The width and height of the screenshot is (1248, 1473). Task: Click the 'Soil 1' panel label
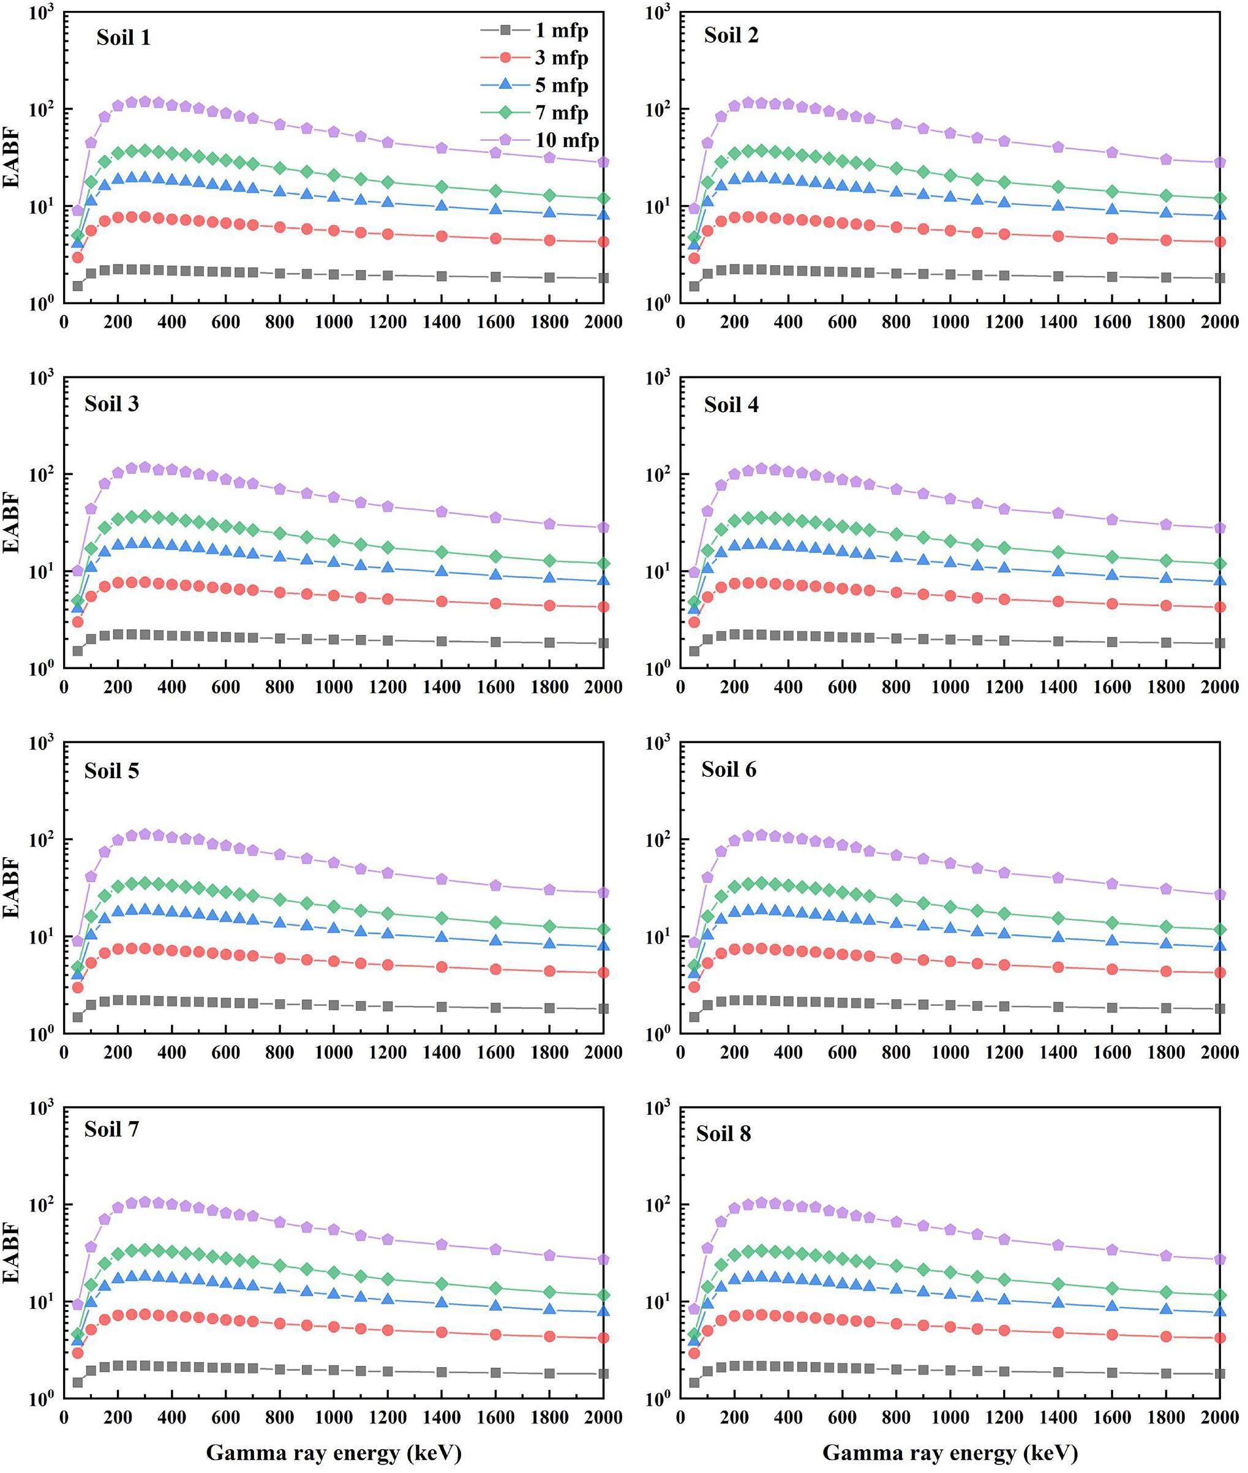click(123, 37)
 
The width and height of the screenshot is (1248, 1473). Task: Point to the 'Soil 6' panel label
click(729, 770)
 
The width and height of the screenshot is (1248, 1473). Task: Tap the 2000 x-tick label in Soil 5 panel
click(603, 1052)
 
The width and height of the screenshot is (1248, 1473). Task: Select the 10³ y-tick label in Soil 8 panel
click(658, 1109)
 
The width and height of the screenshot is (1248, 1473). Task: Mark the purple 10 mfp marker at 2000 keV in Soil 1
click(603, 162)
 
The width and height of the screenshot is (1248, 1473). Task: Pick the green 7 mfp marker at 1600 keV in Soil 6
click(1112, 923)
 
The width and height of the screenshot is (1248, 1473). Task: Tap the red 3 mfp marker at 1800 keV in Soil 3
click(550, 605)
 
